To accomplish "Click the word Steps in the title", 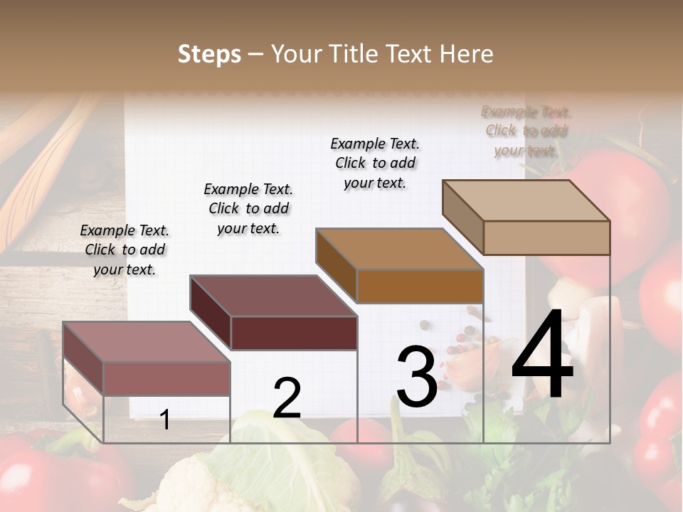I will [209, 54].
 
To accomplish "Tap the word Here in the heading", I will [467, 54].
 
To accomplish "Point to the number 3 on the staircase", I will [417, 376].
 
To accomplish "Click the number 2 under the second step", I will [287, 398].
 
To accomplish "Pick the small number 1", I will [164, 420].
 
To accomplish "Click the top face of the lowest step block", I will [147, 341].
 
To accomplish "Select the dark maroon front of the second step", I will [294, 333].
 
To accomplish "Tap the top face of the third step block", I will [399, 249].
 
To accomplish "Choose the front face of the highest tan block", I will [546, 238].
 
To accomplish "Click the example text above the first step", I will [125, 250].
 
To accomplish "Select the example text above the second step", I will [248, 208].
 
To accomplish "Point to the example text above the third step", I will [375, 163].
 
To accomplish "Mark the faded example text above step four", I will [526, 131].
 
